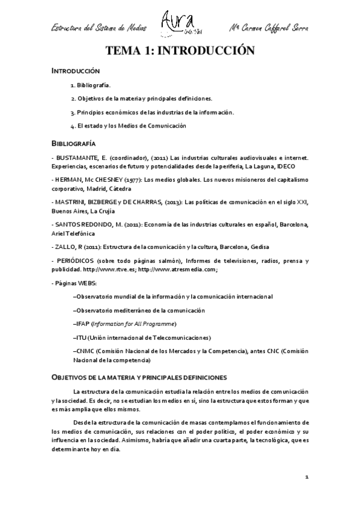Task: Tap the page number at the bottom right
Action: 307,477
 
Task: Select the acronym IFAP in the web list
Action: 82,324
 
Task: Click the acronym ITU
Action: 81,337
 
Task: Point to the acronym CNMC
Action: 84,351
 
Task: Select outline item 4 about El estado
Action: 128,126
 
